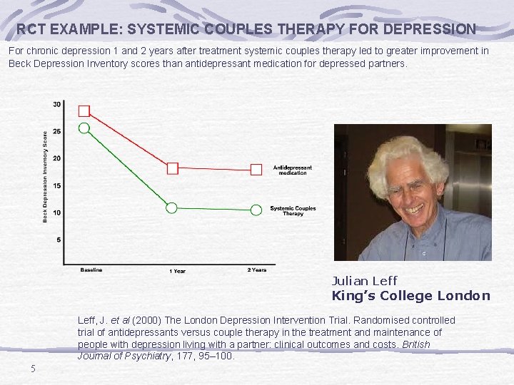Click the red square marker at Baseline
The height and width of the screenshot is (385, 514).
pyautogui.click(x=84, y=111)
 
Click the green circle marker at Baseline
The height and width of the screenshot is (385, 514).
pyautogui.click(x=84, y=128)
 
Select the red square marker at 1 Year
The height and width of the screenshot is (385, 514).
pyautogui.click(x=172, y=168)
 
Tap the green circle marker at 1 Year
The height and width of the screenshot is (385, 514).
pyautogui.click(x=171, y=207)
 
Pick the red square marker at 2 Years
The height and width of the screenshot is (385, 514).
pyautogui.click(x=256, y=169)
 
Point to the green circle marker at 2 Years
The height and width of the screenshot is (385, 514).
pyautogui.click(x=256, y=210)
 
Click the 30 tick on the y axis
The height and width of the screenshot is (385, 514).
pyautogui.click(x=56, y=105)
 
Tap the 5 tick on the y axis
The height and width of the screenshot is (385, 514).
pyautogui.click(x=58, y=240)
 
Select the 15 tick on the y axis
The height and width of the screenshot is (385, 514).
pyautogui.click(x=56, y=185)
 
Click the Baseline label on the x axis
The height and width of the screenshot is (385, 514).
pyautogui.click(x=91, y=270)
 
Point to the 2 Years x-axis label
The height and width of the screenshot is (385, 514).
pyautogui.click(x=257, y=270)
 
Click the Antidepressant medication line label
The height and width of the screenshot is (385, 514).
pyautogui.click(x=292, y=170)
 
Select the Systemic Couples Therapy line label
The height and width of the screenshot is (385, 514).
pyautogui.click(x=293, y=211)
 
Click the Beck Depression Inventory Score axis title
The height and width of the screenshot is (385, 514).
pyautogui.click(x=45, y=175)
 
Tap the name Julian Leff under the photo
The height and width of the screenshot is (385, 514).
pyautogui.click(x=364, y=281)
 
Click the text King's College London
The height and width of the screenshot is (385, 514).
pyautogui.click(x=410, y=296)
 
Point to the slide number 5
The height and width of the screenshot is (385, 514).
pyautogui.click(x=32, y=369)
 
